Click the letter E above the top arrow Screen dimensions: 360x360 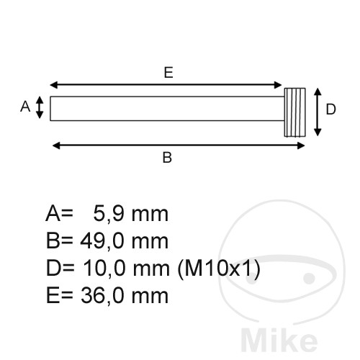(x=168, y=72)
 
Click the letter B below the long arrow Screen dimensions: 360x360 (x=167, y=158)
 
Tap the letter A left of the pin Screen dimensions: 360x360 (x=25, y=107)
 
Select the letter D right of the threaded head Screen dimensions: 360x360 (x=330, y=109)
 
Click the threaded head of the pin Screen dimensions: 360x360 (x=294, y=113)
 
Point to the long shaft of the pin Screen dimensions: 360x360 (x=166, y=109)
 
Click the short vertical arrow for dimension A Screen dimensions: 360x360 (x=40, y=109)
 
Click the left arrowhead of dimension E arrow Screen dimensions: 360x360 (x=54, y=84)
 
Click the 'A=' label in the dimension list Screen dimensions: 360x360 (x=59, y=214)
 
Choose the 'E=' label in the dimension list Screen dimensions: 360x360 (x=59, y=295)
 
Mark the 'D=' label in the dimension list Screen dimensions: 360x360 (x=59, y=269)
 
